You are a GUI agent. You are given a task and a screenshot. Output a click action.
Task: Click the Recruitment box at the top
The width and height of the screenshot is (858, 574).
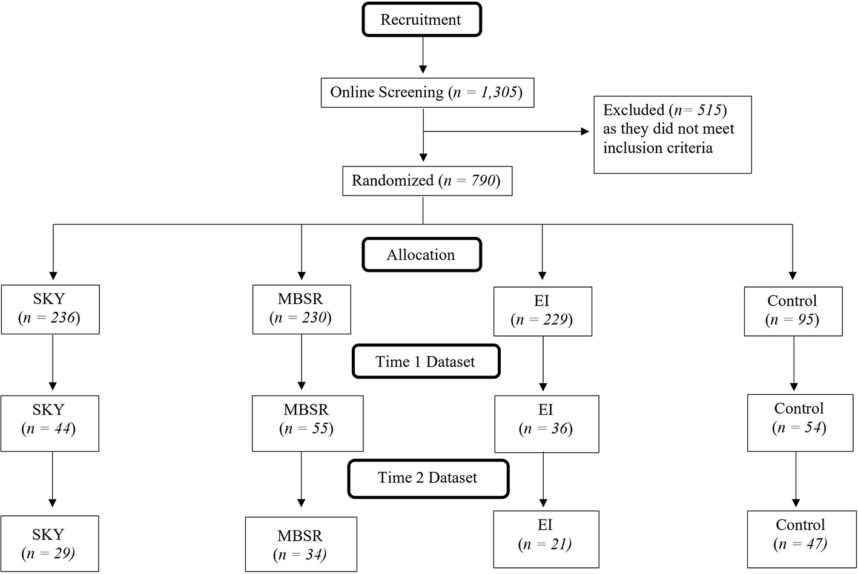(421, 20)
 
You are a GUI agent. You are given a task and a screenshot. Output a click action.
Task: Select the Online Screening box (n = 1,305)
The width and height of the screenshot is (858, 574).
(427, 93)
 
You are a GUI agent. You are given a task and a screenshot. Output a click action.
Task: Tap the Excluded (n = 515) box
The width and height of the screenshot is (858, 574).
(672, 134)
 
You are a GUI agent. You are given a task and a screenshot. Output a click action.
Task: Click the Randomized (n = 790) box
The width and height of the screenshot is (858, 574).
(427, 180)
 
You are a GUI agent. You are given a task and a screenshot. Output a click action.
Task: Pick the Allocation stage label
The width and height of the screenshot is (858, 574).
(421, 255)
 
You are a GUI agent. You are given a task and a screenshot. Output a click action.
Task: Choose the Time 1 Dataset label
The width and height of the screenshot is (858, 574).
(426, 362)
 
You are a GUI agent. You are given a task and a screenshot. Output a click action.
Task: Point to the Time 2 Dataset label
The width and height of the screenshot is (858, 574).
(428, 478)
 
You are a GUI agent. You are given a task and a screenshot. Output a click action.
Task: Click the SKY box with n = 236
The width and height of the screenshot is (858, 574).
(50, 309)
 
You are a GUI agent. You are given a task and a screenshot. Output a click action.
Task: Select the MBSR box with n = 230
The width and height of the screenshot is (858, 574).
(301, 309)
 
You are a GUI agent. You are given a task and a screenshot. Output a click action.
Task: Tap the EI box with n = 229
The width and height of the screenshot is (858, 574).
(543, 311)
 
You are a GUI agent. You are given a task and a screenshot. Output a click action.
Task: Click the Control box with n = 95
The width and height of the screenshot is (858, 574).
(793, 311)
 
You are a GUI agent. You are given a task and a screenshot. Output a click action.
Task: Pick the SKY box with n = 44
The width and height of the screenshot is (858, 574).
(49, 423)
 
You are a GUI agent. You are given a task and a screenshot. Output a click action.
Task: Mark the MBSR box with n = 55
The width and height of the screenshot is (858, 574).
(307, 423)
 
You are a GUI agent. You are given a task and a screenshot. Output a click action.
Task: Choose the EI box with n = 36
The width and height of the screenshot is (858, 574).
(546, 424)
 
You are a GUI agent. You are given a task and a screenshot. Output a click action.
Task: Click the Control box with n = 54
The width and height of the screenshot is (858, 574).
(799, 423)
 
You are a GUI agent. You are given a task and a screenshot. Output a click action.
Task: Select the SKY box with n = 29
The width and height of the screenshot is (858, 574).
(49, 544)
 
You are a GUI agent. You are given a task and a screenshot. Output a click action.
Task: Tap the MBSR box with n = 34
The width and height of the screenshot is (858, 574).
(301, 544)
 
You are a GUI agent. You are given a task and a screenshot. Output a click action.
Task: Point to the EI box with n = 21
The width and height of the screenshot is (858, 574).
(546, 539)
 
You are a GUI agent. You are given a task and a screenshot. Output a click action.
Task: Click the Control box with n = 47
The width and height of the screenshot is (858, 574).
(800, 539)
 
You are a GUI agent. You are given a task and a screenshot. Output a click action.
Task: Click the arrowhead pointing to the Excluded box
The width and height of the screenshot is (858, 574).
(584, 131)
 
